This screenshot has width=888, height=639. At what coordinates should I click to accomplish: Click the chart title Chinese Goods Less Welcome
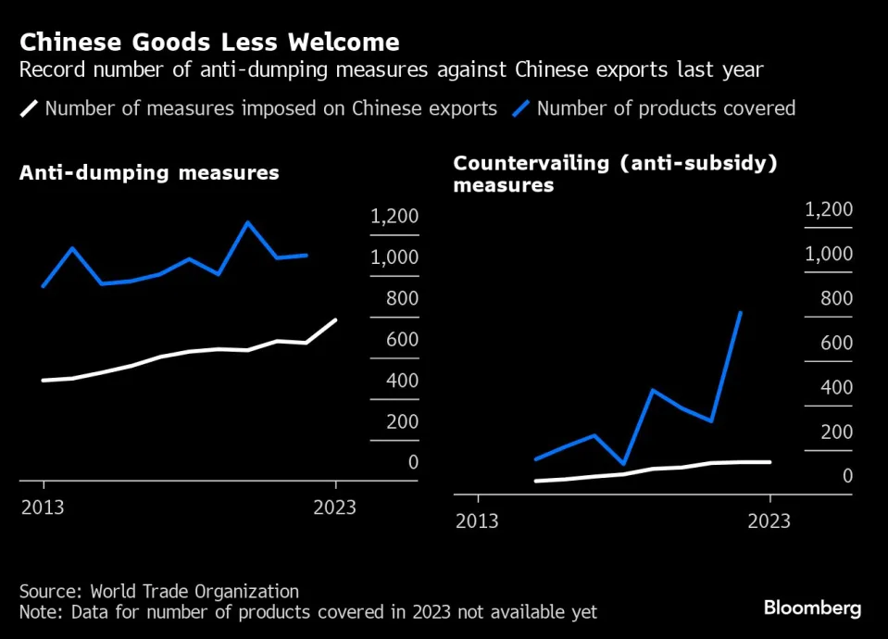click(209, 42)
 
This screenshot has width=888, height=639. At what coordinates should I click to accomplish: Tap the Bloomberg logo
click(812, 608)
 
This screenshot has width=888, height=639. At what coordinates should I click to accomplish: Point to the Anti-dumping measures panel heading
click(149, 173)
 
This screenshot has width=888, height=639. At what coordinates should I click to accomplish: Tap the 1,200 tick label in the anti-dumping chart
click(394, 217)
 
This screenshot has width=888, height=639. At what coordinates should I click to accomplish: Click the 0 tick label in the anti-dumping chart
click(413, 462)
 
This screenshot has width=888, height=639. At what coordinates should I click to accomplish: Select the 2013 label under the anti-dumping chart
click(44, 508)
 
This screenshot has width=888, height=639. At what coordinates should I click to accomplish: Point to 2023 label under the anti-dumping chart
click(335, 508)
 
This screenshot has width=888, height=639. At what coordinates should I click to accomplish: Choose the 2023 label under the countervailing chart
click(769, 521)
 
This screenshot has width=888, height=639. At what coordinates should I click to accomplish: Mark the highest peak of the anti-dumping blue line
click(247, 222)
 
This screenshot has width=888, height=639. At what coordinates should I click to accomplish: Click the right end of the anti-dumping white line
click(335, 320)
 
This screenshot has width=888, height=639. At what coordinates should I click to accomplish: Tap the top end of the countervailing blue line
click(741, 312)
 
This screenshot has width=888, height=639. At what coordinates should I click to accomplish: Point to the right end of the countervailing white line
click(769, 461)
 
